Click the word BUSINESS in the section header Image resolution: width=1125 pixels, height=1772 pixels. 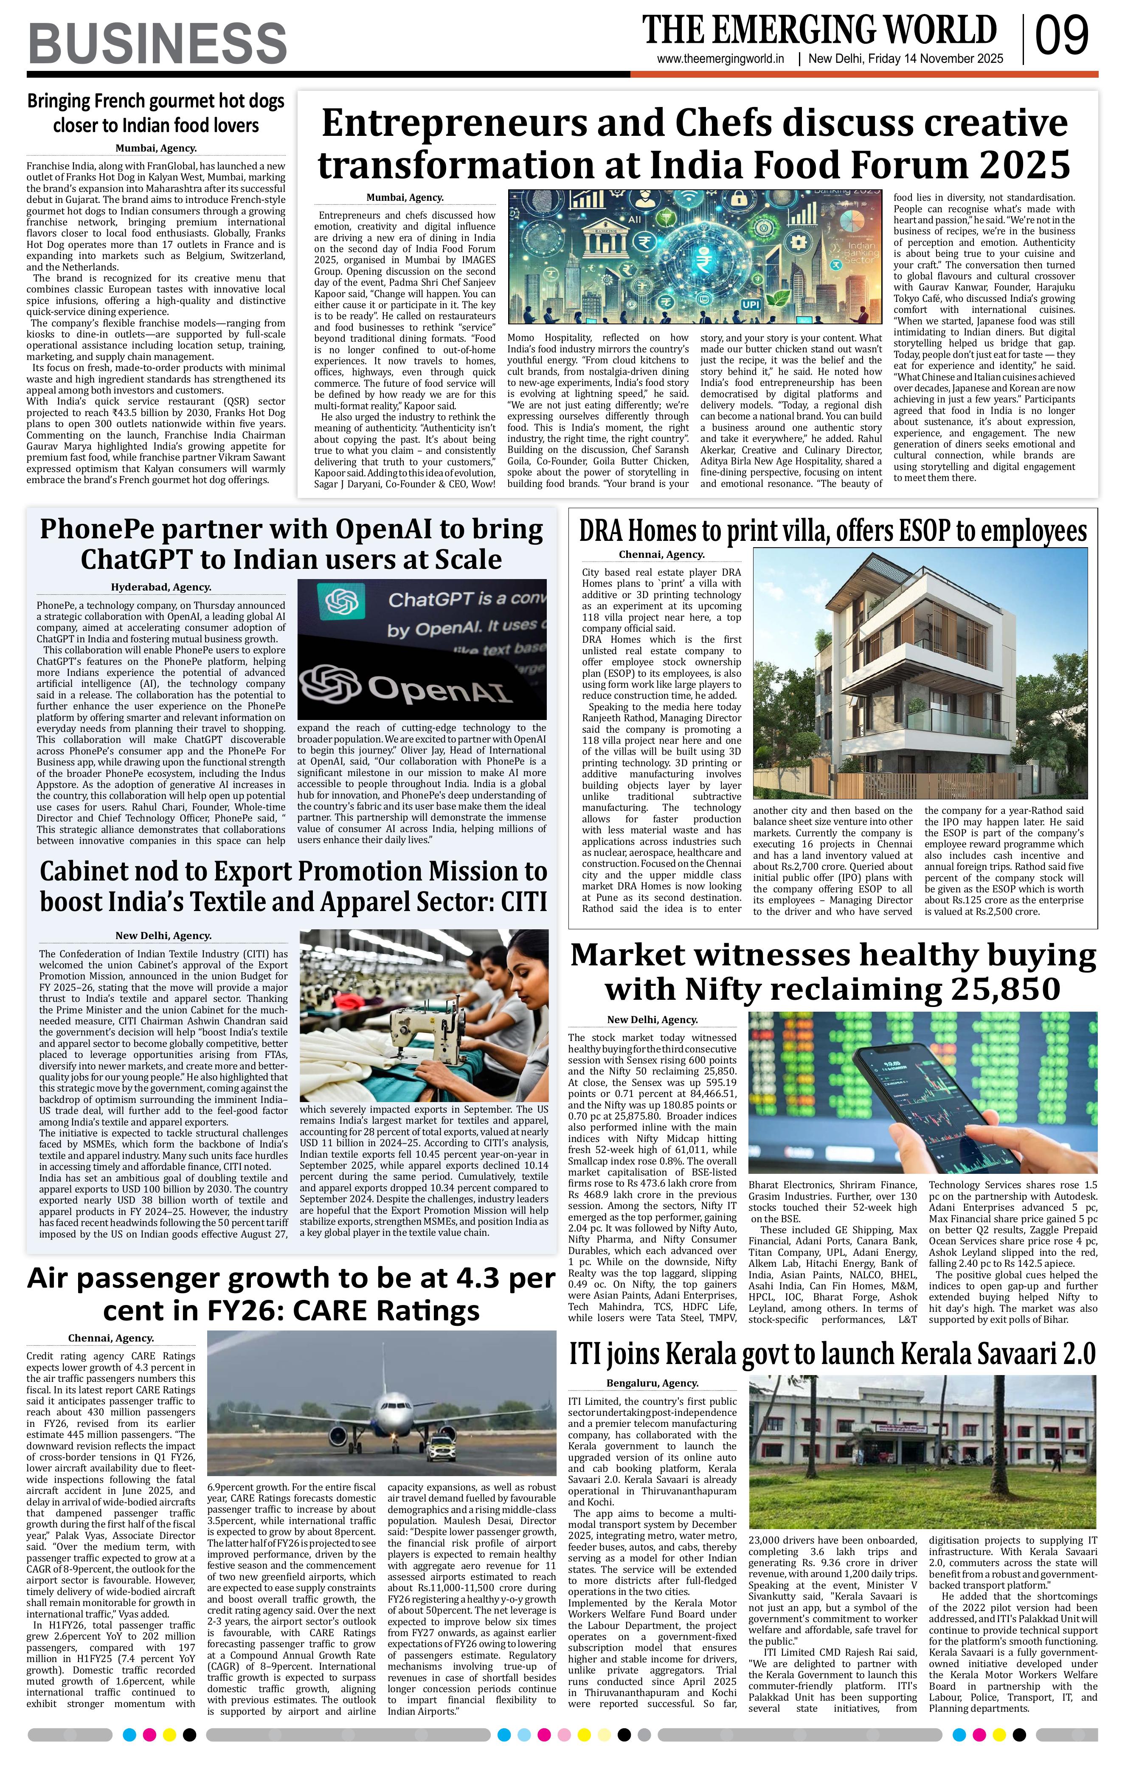(x=157, y=43)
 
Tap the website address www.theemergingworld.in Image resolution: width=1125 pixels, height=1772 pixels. (x=720, y=59)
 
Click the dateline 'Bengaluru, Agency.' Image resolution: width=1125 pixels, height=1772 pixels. (x=652, y=1383)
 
